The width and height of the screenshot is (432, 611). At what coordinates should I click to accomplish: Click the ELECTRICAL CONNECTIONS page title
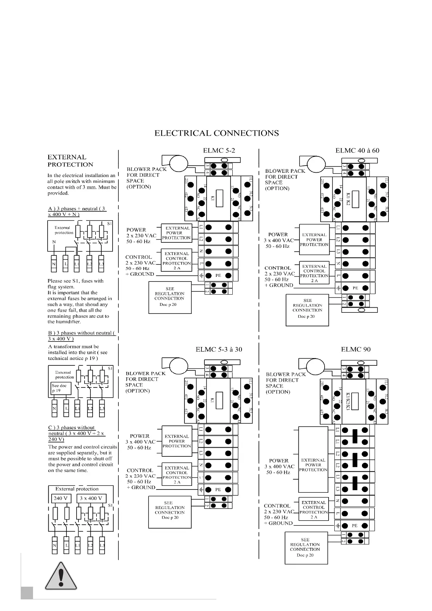click(x=217, y=133)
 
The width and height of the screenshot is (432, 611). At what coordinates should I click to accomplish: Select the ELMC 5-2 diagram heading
click(x=219, y=151)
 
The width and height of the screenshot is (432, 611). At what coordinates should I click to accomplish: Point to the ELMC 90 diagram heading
click(x=356, y=349)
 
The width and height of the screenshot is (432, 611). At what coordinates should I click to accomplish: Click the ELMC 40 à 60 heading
click(x=357, y=151)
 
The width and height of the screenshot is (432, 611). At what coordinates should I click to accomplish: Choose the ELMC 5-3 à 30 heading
click(x=219, y=349)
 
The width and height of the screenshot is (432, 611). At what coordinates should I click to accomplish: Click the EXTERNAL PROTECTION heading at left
click(x=70, y=161)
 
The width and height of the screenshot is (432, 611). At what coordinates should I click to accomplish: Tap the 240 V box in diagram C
click(x=61, y=498)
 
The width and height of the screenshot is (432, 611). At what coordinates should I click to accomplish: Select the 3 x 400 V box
click(x=91, y=498)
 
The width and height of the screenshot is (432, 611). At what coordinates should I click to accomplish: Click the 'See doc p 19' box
click(x=61, y=388)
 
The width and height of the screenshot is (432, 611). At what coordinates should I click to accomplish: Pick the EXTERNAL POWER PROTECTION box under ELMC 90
click(x=313, y=465)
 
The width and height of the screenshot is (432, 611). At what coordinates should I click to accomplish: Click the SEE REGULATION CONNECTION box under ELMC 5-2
click(x=170, y=297)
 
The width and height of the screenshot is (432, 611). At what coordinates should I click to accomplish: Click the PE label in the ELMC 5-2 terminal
click(x=218, y=276)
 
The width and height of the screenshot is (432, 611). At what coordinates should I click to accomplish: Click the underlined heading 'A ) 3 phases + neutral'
click(x=77, y=212)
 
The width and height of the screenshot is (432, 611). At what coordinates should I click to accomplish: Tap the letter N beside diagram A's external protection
click(x=54, y=242)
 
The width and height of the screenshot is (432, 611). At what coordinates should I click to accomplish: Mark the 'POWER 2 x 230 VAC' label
click(x=141, y=235)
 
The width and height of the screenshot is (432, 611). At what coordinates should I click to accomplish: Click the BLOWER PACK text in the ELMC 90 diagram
click(x=286, y=374)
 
